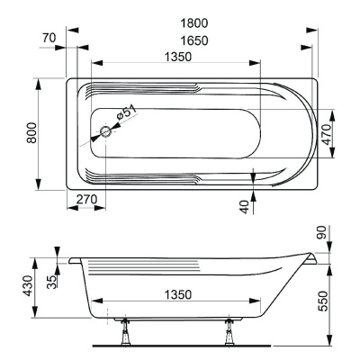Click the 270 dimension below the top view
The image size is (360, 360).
click(x=86, y=200)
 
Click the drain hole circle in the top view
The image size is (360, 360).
click(x=106, y=132)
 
